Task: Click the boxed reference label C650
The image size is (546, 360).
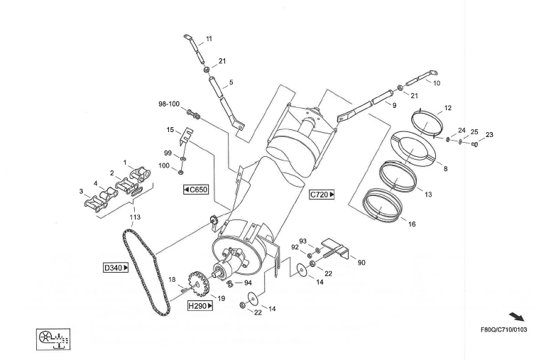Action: tap(195, 190)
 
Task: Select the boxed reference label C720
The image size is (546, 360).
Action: tap(322, 194)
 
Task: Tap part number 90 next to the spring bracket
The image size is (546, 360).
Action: tap(361, 263)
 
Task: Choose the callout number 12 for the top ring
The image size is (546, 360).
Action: tap(447, 109)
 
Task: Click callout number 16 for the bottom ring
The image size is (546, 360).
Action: tap(412, 224)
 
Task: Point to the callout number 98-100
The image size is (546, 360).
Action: tap(168, 104)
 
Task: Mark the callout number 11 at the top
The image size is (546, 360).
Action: tap(209, 38)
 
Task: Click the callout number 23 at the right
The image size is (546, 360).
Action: tap(489, 134)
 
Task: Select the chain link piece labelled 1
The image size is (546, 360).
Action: tap(139, 171)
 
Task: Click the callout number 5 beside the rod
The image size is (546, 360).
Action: tap(230, 82)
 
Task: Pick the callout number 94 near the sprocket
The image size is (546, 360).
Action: tap(238, 282)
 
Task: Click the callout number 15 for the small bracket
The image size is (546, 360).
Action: tap(170, 130)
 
